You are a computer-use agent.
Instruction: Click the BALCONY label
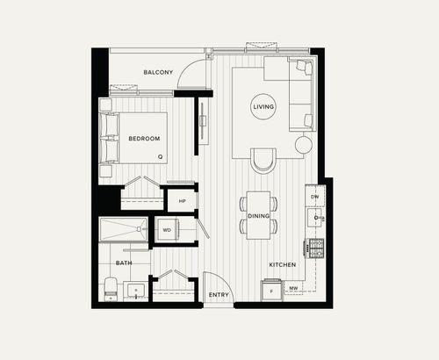click(x=158, y=72)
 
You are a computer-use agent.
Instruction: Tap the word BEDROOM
click(x=143, y=139)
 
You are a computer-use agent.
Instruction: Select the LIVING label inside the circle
click(x=263, y=107)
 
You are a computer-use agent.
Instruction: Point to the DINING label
click(x=259, y=215)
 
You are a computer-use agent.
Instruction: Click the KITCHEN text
click(x=283, y=264)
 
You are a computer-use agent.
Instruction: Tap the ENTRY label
click(x=219, y=295)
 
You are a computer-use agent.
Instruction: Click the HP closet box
click(x=182, y=201)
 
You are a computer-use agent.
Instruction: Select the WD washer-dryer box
click(x=166, y=230)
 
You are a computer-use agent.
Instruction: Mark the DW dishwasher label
click(x=314, y=198)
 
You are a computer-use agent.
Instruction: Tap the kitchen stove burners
click(x=315, y=248)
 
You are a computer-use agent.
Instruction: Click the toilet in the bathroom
click(x=110, y=288)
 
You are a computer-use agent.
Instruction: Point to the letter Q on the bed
click(x=160, y=157)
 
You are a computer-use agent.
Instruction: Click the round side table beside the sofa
click(x=304, y=143)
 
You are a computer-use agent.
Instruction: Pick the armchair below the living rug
click(x=263, y=160)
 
